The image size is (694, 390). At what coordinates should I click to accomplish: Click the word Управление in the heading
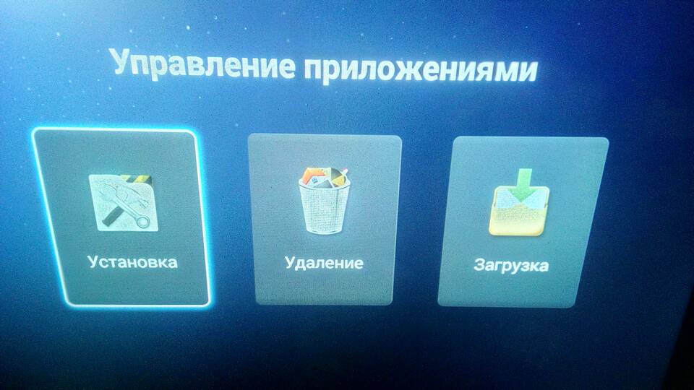click(x=202, y=64)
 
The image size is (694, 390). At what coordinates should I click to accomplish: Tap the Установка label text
click(x=132, y=261)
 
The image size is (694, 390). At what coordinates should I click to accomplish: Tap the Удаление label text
click(x=324, y=263)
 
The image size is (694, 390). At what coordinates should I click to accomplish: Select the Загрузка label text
click(x=511, y=265)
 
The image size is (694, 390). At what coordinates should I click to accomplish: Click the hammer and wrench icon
click(x=124, y=202)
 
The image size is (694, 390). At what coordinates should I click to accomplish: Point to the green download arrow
click(x=523, y=184)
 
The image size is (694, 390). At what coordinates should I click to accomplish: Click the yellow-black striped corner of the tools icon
click(x=137, y=180)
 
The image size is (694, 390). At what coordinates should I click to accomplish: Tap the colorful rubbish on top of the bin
click(x=323, y=177)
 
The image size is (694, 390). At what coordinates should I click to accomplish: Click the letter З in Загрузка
click(x=479, y=265)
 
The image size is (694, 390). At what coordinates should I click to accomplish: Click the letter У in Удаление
click(x=291, y=262)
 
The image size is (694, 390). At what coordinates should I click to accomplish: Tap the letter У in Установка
click(x=93, y=261)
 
